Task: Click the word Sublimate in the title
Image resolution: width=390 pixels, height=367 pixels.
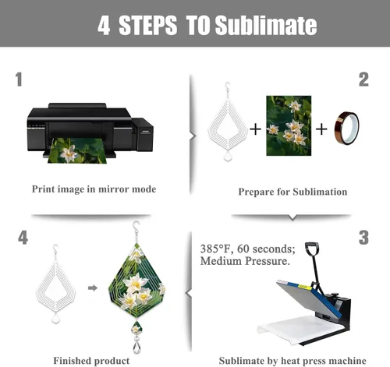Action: pos(266,25)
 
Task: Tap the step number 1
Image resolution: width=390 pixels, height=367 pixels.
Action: pos(19,79)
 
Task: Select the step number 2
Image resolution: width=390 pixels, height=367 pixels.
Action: pos(363,79)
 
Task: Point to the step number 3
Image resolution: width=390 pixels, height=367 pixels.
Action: pos(363,238)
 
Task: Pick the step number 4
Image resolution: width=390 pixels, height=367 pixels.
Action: pos(23,238)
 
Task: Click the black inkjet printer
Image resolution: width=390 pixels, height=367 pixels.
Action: pos(90,130)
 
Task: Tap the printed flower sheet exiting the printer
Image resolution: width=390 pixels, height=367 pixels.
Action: pos(77,150)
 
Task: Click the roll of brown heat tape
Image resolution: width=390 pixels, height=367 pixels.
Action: pos(346,128)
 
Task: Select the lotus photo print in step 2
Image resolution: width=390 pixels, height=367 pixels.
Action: pos(289,125)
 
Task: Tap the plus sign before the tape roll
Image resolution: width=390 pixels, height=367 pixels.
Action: pos(321,129)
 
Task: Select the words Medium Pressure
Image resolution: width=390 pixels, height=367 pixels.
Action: pos(245,261)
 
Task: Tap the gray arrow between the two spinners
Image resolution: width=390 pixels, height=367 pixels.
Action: pos(93,288)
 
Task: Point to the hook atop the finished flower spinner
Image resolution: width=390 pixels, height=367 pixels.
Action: pos(136,227)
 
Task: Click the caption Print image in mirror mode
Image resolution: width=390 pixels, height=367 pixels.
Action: pos(94,189)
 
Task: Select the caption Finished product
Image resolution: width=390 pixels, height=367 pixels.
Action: pos(91,361)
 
